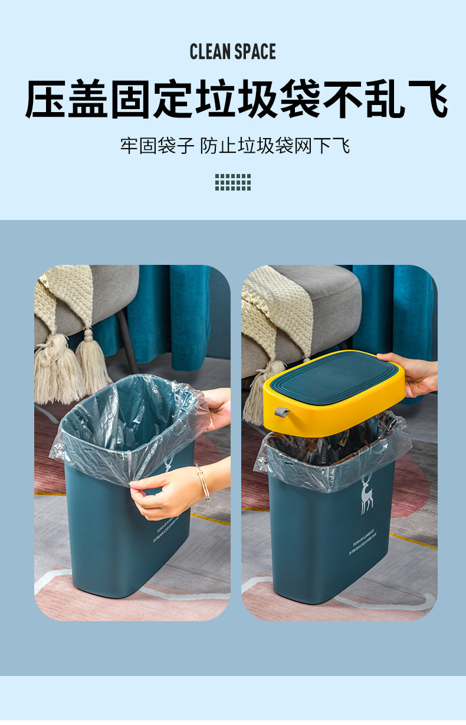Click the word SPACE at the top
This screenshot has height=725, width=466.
pyautogui.click(x=255, y=52)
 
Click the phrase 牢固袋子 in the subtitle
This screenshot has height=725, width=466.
pyautogui.click(x=157, y=146)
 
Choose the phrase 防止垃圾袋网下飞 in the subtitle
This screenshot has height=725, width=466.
pyautogui.click(x=275, y=146)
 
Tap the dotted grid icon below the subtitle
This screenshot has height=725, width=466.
pyautogui.click(x=233, y=182)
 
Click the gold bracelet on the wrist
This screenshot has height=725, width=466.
pyautogui.click(x=203, y=482)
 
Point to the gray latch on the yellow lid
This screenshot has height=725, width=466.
pyautogui.click(x=280, y=411)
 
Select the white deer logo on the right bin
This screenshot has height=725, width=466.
pyautogui.click(x=367, y=494)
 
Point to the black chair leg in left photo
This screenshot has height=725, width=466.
pyautogui.click(x=127, y=342)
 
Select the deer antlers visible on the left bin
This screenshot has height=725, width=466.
pyautogui.click(x=168, y=461)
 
